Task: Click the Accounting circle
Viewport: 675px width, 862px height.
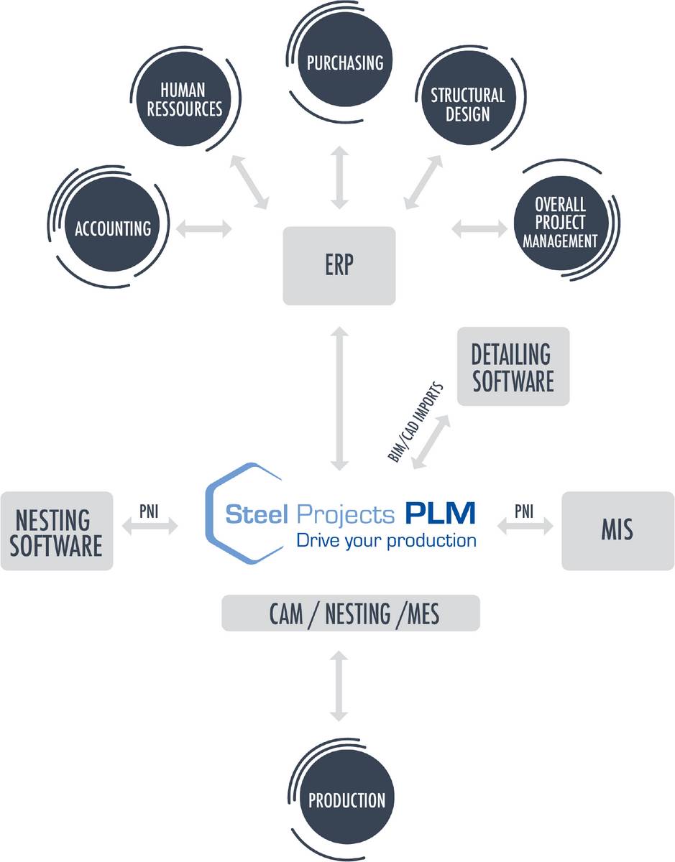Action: (x=113, y=228)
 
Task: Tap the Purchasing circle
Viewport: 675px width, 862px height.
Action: (x=344, y=62)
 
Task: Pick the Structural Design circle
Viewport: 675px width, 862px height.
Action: (x=467, y=104)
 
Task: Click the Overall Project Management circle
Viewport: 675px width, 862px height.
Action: (x=559, y=222)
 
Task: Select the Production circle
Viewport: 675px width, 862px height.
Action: (x=346, y=800)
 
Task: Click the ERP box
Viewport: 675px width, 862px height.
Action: (x=339, y=265)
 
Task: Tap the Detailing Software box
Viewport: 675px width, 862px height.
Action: (x=513, y=366)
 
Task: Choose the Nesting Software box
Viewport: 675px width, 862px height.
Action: (x=57, y=531)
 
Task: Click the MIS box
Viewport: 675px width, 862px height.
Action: (x=617, y=531)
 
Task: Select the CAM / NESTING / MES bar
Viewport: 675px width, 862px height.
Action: (x=350, y=613)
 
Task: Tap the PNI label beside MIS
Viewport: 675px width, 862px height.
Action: (x=525, y=511)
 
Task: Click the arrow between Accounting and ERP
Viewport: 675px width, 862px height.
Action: (x=204, y=229)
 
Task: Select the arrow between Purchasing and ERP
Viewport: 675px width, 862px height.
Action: (x=339, y=176)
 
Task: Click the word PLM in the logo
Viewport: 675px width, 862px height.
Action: (x=439, y=513)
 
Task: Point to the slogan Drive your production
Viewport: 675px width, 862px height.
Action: (x=386, y=539)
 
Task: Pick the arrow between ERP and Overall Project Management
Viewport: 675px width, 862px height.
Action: (x=479, y=229)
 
